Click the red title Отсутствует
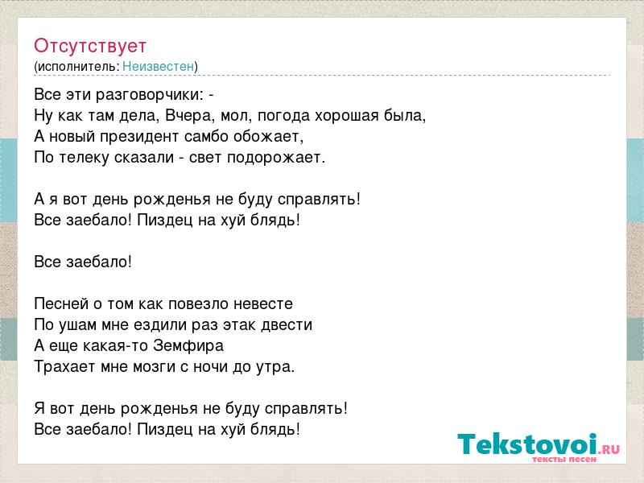tap(90, 46)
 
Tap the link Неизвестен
tap(158, 66)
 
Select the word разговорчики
tap(150, 95)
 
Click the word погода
tap(284, 116)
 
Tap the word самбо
tap(207, 136)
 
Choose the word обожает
tap(269, 136)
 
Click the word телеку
tap(84, 158)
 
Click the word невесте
tap(263, 304)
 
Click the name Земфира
tap(188, 346)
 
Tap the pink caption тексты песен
tap(564, 459)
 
